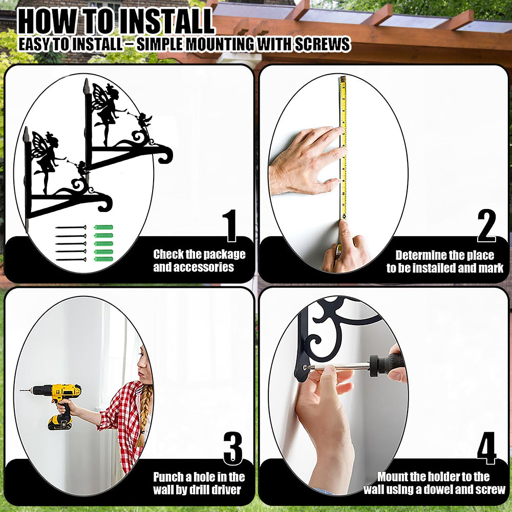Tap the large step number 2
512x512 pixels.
(486, 225)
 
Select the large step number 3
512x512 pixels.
(233, 449)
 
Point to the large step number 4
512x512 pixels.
(486, 449)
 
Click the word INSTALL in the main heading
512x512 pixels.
(166, 22)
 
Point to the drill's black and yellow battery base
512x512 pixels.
(60, 422)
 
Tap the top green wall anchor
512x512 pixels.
(103, 227)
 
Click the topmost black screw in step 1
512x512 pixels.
(71, 227)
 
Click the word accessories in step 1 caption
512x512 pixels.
(194, 267)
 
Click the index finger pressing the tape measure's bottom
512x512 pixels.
(345, 233)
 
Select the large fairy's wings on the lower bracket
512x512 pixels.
(39, 145)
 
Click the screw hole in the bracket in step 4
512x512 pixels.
(305, 367)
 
